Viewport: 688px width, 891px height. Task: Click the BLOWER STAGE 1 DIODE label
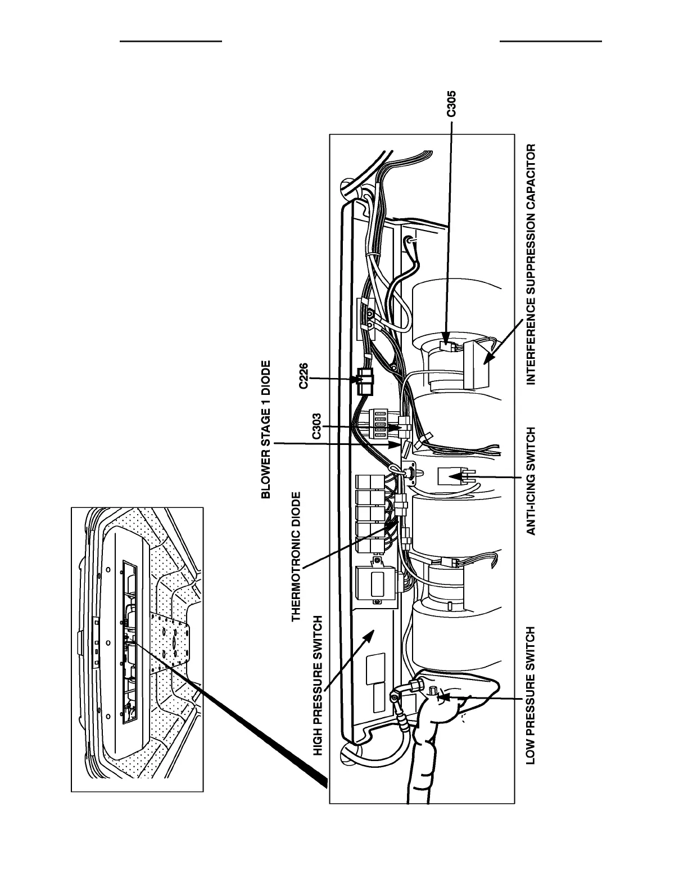click(x=266, y=430)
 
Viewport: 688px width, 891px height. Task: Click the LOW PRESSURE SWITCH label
click(x=530, y=695)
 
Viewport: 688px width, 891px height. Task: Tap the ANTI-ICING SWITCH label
click(x=530, y=480)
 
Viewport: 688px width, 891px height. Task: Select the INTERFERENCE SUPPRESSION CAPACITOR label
click(x=531, y=264)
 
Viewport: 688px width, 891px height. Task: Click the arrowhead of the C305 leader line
click(x=447, y=337)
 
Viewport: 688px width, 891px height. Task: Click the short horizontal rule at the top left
click(x=171, y=41)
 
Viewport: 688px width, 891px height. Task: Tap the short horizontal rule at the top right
click(x=550, y=41)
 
